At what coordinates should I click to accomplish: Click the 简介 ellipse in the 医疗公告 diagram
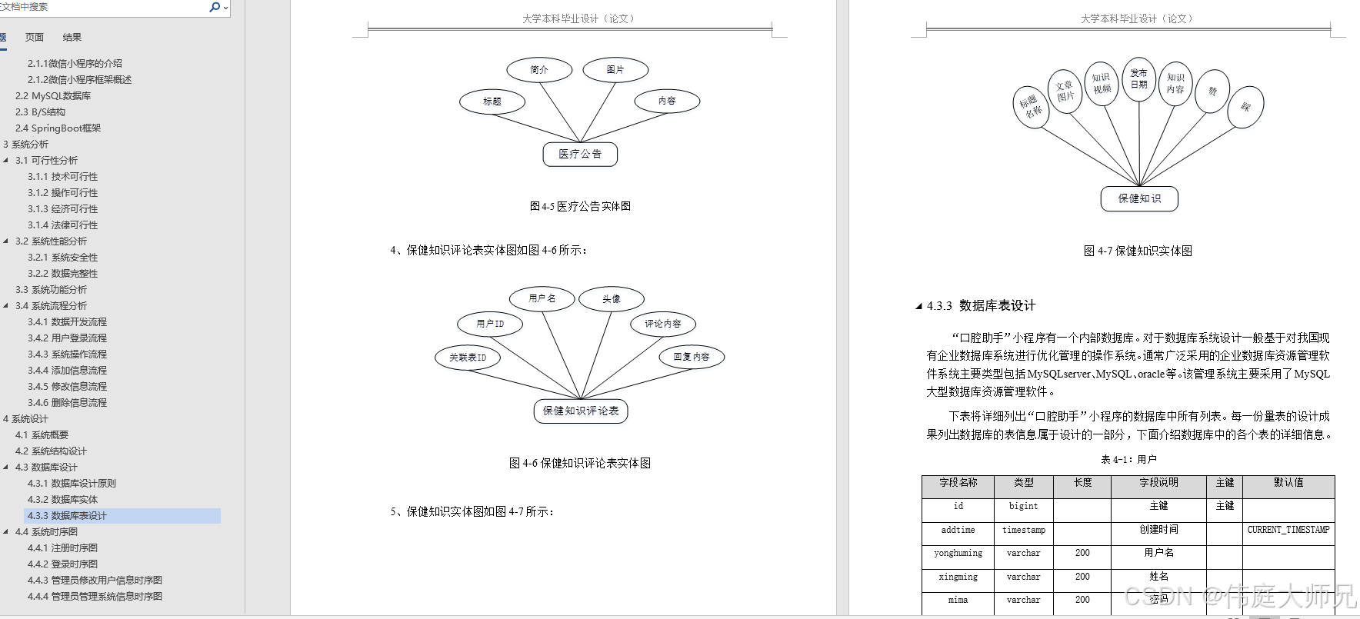pyautogui.click(x=539, y=70)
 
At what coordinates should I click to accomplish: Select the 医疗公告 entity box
pyautogui.click(x=580, y=154)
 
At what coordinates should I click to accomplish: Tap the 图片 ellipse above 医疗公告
pyautogui.click(x=615, y=70)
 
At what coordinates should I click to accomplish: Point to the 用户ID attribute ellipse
pyautogui.click(x=490, y=324)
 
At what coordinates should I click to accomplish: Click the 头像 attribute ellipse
pyautogui.click(x=612, y=299)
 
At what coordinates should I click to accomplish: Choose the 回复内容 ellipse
pyautogui.click(x=692, y=357)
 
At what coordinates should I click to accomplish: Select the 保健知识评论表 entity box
pyautogui.click(x=581, y=411)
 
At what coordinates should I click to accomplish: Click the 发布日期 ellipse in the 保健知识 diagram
pyautogui.click(x=1138, y=79)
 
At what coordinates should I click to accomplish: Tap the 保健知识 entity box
pyautogui.click(x=1139, y=198)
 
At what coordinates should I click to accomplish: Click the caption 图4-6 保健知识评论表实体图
pyautogui.click(x=580, y=463)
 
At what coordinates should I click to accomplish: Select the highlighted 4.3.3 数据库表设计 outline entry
pyautogui.click(x=67, y=516)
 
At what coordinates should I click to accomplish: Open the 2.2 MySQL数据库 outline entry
pyautogui.click(x=53, y=96)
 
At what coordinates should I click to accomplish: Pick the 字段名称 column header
pyautogui.click(x=958, y=483)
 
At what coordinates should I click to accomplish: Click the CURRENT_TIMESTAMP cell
pyautogui.click(x=1288, y=530)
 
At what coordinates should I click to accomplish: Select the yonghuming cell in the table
pyautogui.click(x=958, y=553)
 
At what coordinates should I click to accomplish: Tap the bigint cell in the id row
pyautogui.click(x=1023, y=506)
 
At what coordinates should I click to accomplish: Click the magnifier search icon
pyautogui.click(x=215, y=7)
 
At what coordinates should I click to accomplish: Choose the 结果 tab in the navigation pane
pyautogui.click(x=72, y=37)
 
